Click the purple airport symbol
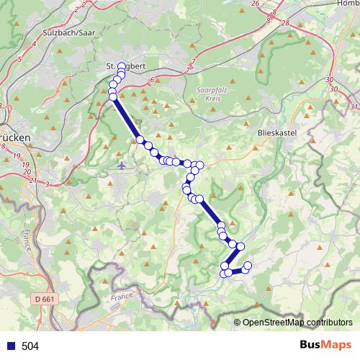[120, 166]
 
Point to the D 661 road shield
[44, 297]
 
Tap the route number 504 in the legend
[30, 346]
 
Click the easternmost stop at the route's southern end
[248, 266]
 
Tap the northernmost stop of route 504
[121, 68]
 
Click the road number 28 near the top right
[286, 23]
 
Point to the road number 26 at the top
[255, 4]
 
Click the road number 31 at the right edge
[353, 107]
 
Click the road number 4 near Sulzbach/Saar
[35, 45]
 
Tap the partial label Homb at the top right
[347, 4]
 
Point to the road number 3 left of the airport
[47, 184]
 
